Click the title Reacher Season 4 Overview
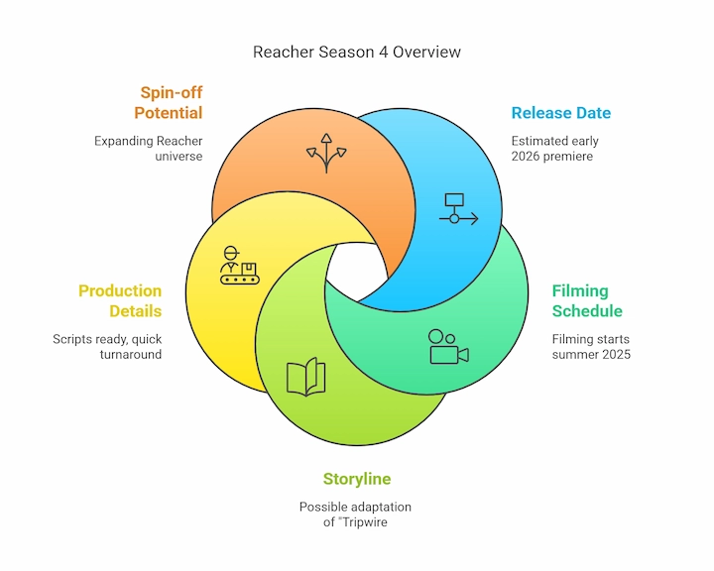[x=356, y=51]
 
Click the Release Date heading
[x=560, y=113]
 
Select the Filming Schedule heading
[x=587, y=300]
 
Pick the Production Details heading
[x=120, y=300]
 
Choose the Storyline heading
[x=356, y=479]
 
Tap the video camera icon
[x=448, y=347]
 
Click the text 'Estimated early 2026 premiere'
[x=554, y=149]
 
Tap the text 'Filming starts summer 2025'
[x=591, y=347]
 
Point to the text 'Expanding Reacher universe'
[x=149, y=149]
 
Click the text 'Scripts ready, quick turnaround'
[x=107, y=347]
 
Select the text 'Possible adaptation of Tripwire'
[x=356, y=514]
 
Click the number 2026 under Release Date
[x=528, y=157]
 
